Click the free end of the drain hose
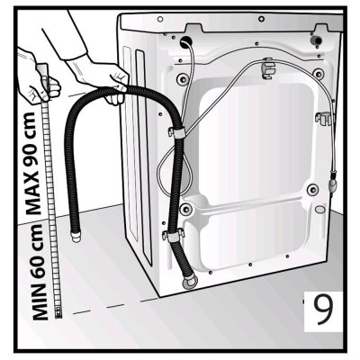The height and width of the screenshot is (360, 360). [x=75, y=237]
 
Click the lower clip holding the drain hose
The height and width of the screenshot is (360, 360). [x=173, y=236]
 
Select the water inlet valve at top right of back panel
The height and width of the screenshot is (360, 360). [x=317, y=40]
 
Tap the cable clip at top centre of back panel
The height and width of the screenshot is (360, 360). [x=267, y=68]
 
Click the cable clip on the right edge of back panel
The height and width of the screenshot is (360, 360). [x=324, y=117]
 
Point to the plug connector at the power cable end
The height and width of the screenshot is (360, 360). [x=333, y=183]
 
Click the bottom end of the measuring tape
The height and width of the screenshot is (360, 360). [x=58, y=313]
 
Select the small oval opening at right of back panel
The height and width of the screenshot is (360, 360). [x=320, y=209]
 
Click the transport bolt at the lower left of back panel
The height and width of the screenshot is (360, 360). [x=186, y=209]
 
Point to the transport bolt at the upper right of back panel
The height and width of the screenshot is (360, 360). [x=318, y=73]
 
